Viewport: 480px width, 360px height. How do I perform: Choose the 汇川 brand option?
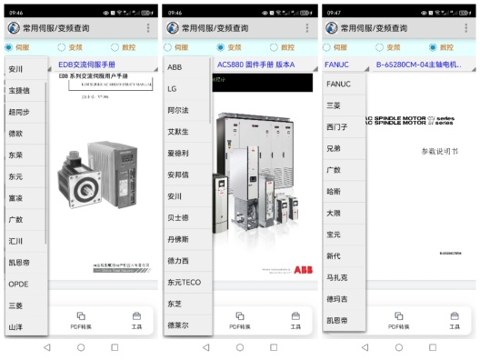point(16,241)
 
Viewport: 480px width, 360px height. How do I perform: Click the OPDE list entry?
point(18,284)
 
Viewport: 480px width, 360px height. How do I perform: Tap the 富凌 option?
point(16,197)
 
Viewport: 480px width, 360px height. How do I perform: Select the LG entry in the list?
point(172,88)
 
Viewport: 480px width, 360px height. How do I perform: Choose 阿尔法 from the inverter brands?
point(178,110)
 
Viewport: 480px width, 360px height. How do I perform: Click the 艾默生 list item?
point(178,131)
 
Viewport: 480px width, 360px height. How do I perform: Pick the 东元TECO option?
point(184,282)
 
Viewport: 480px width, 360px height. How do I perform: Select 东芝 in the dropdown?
point(175,304)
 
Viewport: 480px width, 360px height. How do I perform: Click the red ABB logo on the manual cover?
point(302,270)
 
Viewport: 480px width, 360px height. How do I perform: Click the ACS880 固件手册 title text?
point(256,65)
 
